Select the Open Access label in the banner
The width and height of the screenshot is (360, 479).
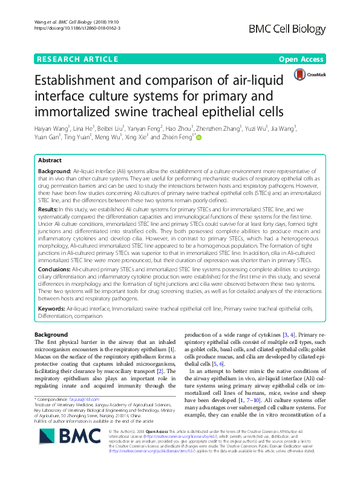click(301, 59)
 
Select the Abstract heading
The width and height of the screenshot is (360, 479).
click(50, 161)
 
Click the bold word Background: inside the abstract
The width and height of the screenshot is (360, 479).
click(54, 173)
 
